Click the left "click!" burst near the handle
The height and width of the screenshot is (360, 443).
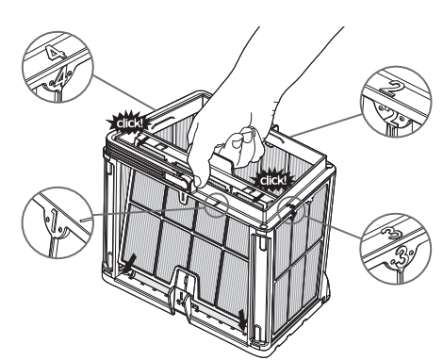(128, 123)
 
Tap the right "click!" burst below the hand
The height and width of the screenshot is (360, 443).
(272, 180)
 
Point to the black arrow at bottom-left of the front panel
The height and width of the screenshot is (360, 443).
(130, 264)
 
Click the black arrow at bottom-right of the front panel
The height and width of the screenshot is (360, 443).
(242, 320)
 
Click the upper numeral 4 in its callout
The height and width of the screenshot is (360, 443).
(53, 53)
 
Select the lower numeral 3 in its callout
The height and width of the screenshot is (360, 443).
(401, 257)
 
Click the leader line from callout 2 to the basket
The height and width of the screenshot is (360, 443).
(326, 125)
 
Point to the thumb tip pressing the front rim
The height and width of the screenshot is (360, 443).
(196, 182)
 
